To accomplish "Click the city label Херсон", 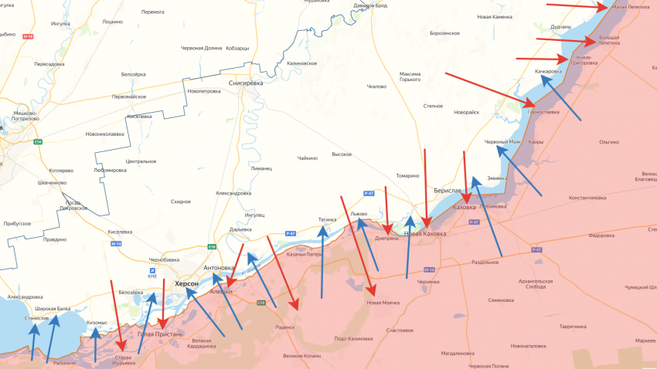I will click(186, 284).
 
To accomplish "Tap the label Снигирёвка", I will click(246, 83).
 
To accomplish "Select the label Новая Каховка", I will click(424, 234).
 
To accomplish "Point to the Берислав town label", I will click(448, 191).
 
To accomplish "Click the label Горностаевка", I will click(543, 112).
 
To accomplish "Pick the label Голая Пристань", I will click(160, 334).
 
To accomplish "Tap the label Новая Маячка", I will click(383, 303).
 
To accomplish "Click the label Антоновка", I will click(219, 268).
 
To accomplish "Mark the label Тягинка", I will click(327, 219).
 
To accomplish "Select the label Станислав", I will click(36, 317).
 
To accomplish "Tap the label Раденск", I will click(284, 327).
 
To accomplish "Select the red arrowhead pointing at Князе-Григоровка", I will click(568, 58).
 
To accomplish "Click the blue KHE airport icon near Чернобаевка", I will click(151, 271).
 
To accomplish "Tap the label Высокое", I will click(342, 154).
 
